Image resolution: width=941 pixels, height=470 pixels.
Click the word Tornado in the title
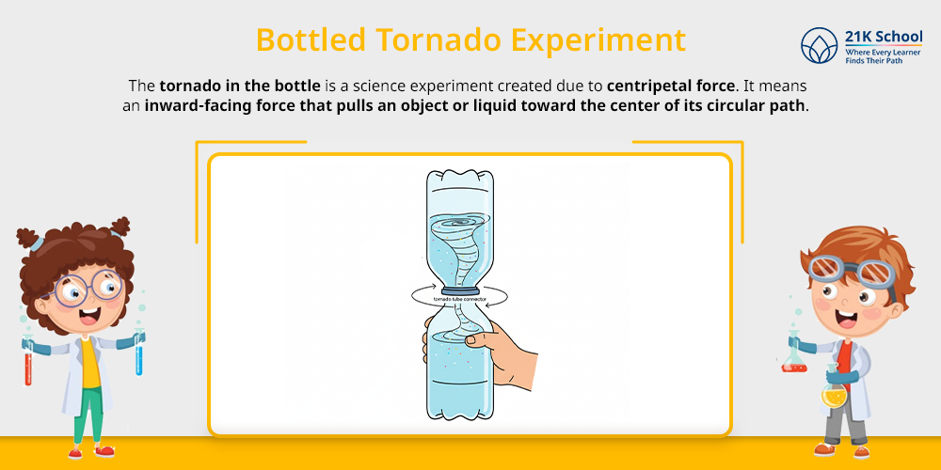coord(439,40)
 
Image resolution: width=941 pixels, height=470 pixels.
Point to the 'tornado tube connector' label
coord(460,300)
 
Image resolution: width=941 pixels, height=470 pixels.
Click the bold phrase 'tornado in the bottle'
coord(240,86)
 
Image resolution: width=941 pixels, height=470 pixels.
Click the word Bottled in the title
coord(311,40)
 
